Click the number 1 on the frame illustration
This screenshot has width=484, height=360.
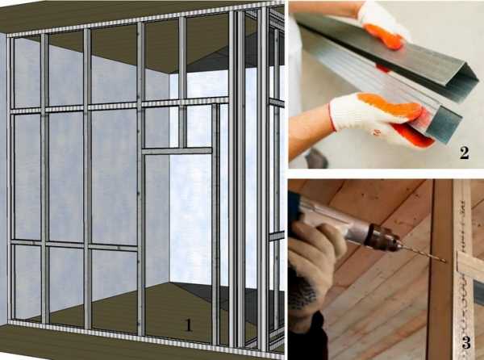188,325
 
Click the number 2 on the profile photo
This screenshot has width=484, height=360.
465,153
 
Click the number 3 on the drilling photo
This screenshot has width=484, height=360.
466,342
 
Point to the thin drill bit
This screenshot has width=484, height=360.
423,254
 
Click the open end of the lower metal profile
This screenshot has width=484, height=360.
444,124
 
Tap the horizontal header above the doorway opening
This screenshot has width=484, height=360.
177,151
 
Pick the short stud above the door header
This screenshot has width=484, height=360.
183,128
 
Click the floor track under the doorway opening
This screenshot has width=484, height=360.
177,339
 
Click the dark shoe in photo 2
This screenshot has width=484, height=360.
317,158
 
